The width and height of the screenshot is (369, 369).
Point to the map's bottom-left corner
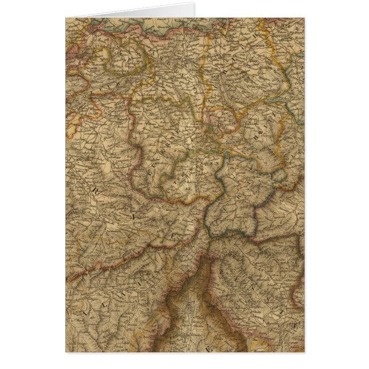pos(66,351)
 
